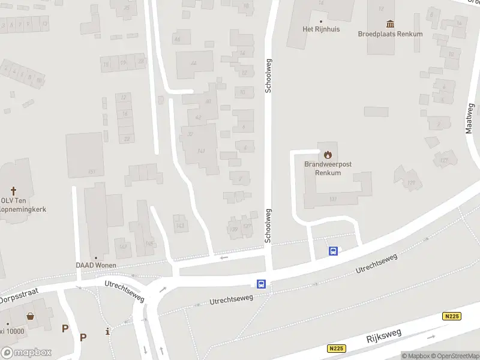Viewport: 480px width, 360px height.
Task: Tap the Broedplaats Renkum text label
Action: [x=390, y=34]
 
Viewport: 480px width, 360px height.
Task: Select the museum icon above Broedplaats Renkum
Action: [x=391, y=23]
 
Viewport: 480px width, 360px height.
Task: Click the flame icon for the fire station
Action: [x=328, y=154]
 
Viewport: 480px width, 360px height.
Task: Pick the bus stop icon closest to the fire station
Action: [x=333, y=251]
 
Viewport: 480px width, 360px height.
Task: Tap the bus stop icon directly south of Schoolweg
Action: [x=262, y=284]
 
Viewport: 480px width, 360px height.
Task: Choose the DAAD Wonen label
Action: [x=96, y=265]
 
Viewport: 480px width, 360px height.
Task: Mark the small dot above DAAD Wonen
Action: [x=96, y=257]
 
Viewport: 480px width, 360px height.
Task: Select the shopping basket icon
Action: [x=30, y=316]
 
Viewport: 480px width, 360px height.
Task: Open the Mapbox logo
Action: [x=26, y=353]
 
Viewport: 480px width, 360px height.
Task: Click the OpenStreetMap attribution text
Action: [x=452, y=356]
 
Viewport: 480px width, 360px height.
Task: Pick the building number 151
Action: [x=91, y=172]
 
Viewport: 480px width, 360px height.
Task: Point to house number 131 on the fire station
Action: [x=333, y=199]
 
